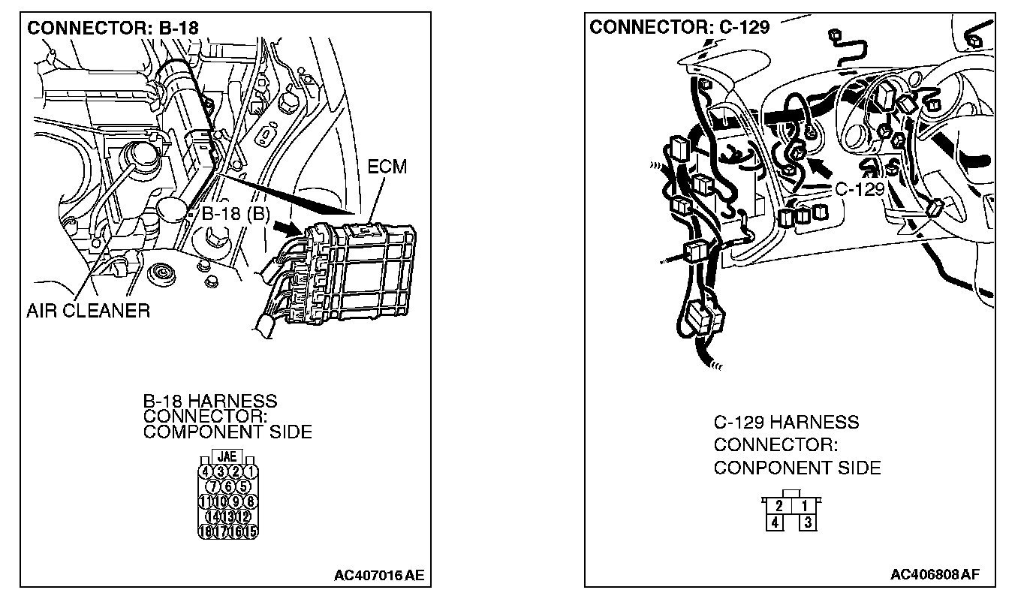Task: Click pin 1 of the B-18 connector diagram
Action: click(x=251, y=471)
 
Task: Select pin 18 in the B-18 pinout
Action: click(x=205, y=531)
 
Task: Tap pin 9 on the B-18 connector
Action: click(x=236, y=501)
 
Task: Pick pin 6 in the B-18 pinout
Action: click(x=228, y=486)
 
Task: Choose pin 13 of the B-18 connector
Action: click(x=228, y=516)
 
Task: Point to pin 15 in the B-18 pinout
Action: click(x=251, y=531)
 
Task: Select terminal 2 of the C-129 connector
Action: click(x=779, y=506)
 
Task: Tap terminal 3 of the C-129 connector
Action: click(x=808, y=522)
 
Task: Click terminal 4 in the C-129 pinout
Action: click(x=776, y=522)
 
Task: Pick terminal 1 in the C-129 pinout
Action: click(x=805, y=506)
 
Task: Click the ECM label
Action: click(x=387, y=167)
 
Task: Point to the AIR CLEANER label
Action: click(x=88, y=310)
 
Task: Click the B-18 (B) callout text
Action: click(x=235, y=214)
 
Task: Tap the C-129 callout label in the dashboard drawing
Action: click(x=860, y=188)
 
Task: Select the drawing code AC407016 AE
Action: click(x=379, y=576)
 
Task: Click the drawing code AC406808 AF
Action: click(x=935, y=575)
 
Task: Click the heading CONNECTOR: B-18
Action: click(x=113, y=29)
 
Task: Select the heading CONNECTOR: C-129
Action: click(x=679, y=28)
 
